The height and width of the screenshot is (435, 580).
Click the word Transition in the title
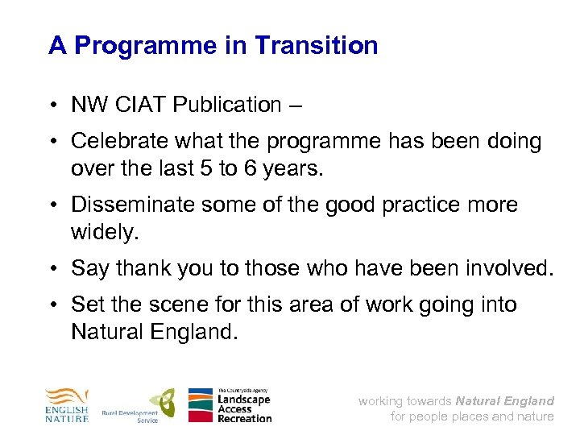coord(316,45)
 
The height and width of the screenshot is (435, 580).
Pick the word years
coord(300,168)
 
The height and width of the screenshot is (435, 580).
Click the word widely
coord(105,232)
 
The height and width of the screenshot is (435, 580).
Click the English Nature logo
coord(67,405)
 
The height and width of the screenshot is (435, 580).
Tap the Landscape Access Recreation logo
coord(230,405)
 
